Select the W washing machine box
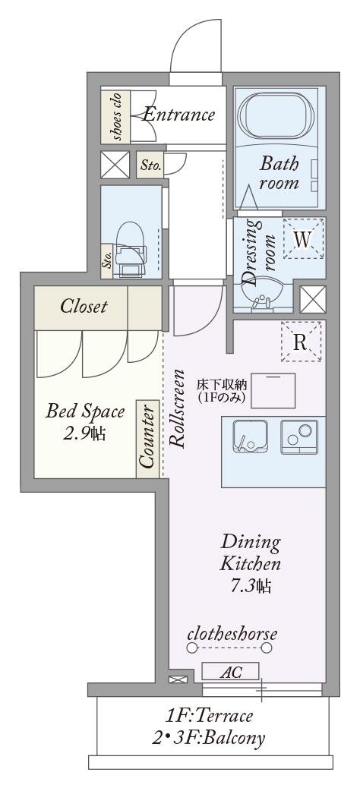click(x=303, y=239)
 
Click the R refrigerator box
click(x=301, y=342)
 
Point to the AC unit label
click(x=230, y=672)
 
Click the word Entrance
click(x=178, y=115)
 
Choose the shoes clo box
click(x=115, y=115)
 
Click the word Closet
click(x=84, y=306)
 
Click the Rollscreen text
click(x=177, y=408)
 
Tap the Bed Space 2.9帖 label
click(x=85, y=421)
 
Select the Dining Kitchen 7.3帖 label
click(x=250, y=564)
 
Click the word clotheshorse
click(x=232, y=633)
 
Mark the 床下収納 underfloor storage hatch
click(x=273, y=390)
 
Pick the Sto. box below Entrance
click(x=150, y=165)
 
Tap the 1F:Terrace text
click(x=209, y=715)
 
